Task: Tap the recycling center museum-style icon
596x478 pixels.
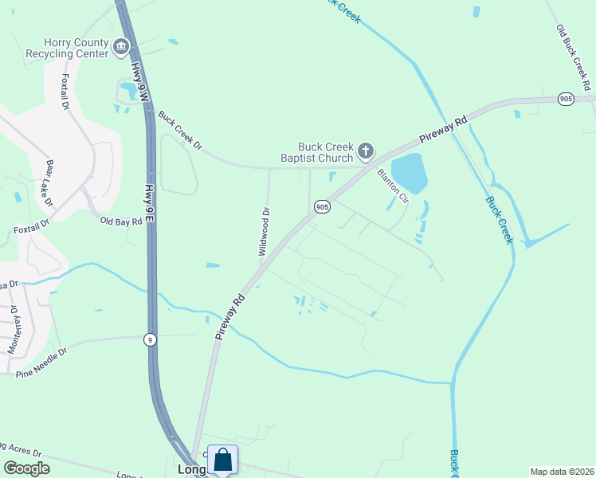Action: click(121, 48)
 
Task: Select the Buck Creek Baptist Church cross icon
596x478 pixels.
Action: click(365, 151)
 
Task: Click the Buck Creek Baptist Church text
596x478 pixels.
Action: click(324, 151)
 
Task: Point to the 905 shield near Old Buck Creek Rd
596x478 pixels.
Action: click(566, 99)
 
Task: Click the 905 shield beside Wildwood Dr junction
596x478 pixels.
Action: click(322, 206)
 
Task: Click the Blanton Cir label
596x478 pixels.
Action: click(393, 185)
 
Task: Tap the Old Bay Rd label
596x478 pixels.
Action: click(121, 221)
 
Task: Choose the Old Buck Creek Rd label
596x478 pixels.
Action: click(574, 56)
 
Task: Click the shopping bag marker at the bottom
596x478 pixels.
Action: click(223, 460)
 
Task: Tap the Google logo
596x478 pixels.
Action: click(27, 468)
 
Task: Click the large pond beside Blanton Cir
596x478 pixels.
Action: click(409, 174)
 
